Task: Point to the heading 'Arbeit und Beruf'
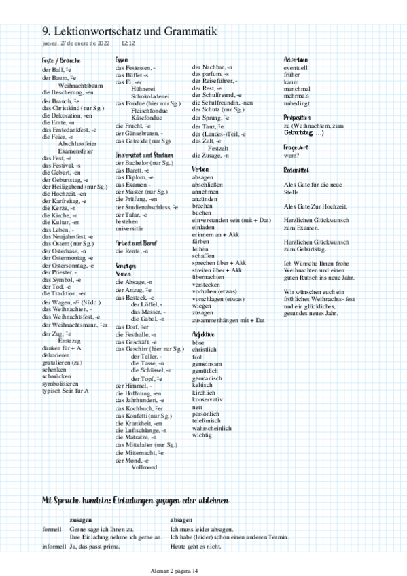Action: (137, 242)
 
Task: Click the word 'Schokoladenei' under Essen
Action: (151, 97)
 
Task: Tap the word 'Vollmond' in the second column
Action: (144, 468)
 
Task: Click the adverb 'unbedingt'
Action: (297, 103)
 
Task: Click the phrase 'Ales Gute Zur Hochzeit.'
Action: (316, 206)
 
